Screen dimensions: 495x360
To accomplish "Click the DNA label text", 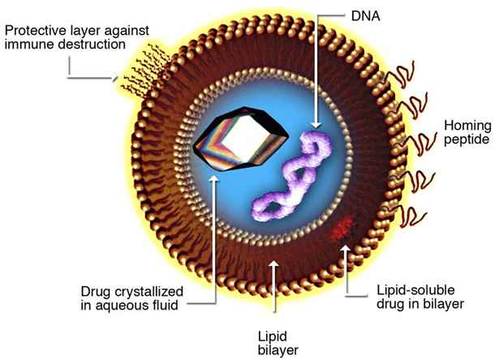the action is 365,15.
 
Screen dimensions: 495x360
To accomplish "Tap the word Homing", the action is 467,126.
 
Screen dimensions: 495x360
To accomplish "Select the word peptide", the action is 467,139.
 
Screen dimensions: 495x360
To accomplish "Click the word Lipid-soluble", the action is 415,290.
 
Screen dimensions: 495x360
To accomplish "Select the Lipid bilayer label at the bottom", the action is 278,343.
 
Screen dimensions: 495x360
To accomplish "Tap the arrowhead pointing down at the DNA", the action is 316,124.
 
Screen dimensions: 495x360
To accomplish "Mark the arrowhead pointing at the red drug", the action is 345,249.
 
